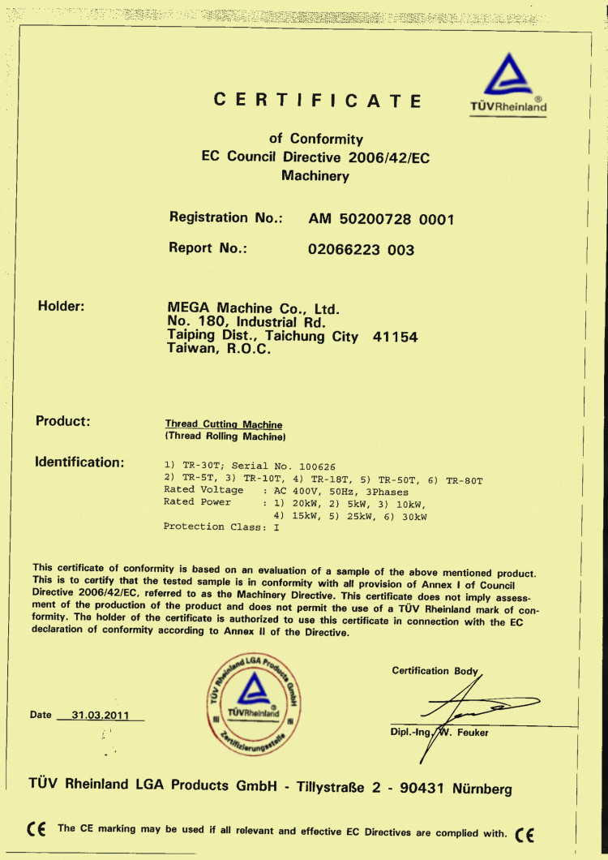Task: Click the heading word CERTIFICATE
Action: [x=318, y=101]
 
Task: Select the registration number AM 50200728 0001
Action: [x=381, y=219]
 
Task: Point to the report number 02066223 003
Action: [x=361, y=250]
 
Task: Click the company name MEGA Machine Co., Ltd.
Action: [x=252, y=309]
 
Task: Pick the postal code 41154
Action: [x=395, y=337]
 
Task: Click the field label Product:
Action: [x=62, y=421]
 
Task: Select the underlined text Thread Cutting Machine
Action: [x=224, y=424]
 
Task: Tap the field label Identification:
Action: [x=79, y=462]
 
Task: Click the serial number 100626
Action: [x=317, y=467]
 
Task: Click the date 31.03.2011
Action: [x=101, y=715]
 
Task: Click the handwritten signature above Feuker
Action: [x=462, y=710]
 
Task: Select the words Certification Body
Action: [x=435, y=671]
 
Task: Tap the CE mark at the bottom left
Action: [x=36, y=829]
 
